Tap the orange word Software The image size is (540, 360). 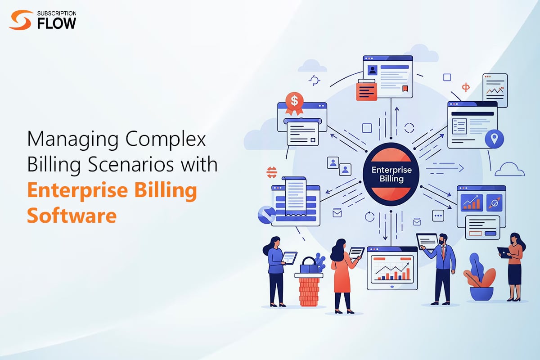click(x=72, y=215)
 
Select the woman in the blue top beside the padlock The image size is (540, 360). click(x=275, y=270)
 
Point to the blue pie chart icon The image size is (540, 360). click(x=266, y=215)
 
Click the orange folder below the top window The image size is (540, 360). click(x=366, y=90)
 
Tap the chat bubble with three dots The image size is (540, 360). click(x=438, y=216)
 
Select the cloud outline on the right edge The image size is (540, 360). click(x=510, y=169)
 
